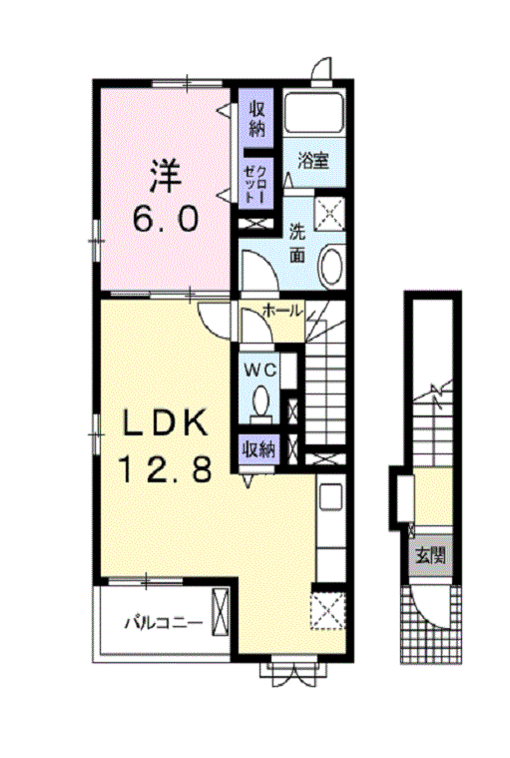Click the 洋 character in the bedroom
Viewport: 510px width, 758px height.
(165, 177)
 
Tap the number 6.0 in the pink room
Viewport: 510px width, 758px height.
(165, 218)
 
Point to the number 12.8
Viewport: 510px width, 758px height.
(165, 469)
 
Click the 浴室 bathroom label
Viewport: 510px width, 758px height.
(313, 161)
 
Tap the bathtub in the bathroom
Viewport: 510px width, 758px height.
(314, 112)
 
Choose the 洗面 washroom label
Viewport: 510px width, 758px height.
(297, 243)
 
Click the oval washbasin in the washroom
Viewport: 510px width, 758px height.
(331, 267)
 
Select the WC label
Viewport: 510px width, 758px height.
(259, 371)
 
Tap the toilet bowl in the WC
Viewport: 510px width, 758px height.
(261, 401)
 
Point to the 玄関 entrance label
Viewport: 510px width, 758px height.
(431, 556)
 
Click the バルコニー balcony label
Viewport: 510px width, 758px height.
(164, 622)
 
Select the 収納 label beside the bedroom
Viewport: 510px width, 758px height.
(256, 119)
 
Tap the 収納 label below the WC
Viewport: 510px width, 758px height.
(258, 449)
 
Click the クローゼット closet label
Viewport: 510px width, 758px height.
(255, 183)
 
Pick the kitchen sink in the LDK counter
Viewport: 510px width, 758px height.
(330, 495)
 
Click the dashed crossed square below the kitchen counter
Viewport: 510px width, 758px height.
(328, 611)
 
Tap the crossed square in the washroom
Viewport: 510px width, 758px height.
(329, 212)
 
